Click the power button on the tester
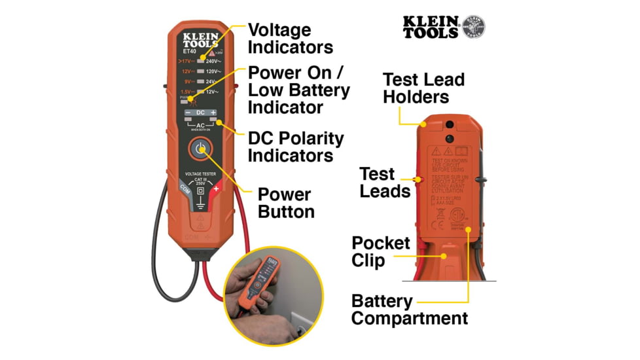click(x=201, y=149)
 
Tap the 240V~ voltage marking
click(x=213, y=60)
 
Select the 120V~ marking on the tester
click(x=213, y=71)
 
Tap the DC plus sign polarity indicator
click(x=213, y=113)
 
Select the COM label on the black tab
click(x=185, y=187)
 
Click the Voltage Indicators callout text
click(x=290, y=39)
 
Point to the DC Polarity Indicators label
click(x=296, y=147)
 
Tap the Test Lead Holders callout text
click(x=423, y=88)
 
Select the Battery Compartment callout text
click(x=410, y=310)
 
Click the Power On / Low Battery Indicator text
click(x=298, y=90)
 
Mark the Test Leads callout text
click(x=385, y=183)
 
